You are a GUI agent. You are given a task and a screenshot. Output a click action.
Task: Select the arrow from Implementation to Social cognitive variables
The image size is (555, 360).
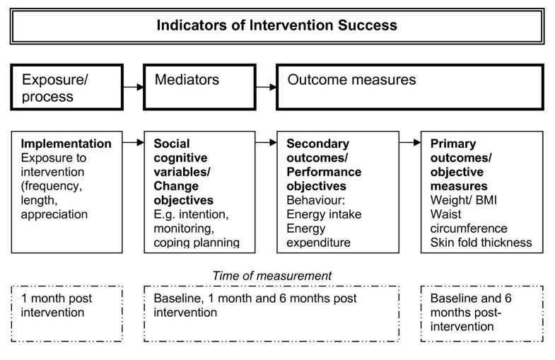coord(133,144)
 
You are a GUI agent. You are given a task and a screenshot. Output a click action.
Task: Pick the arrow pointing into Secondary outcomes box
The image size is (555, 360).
coord(267,144)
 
